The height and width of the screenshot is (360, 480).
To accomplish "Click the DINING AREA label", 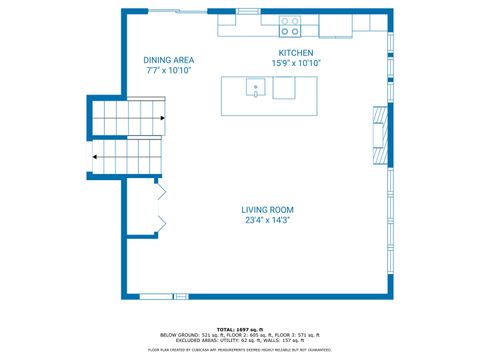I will [168, 60].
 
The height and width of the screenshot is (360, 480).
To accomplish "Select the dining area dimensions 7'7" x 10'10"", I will [168, 71].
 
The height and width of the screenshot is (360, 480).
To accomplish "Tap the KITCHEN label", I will [295, 52].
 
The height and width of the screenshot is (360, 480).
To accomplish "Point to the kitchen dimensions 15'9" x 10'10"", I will [295, 63].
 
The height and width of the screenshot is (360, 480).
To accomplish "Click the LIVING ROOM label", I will [267, 210].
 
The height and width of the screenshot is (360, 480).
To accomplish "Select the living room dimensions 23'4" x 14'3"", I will [267, 221].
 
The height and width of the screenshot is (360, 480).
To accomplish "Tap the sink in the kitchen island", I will [256, 89].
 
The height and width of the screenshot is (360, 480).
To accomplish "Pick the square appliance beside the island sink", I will [285, 90].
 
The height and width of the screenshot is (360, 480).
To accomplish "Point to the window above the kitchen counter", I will [247, 11].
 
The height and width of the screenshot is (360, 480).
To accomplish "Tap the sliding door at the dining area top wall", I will [166, 11].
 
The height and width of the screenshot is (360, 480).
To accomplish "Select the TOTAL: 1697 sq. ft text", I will [239, 327].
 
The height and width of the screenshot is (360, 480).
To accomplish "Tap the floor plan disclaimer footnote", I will [240, 349].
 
